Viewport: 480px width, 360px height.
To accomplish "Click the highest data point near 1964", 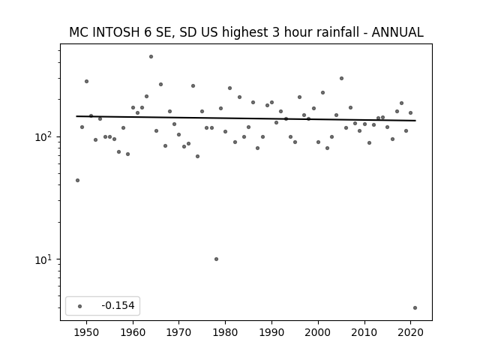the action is tap(151, 57).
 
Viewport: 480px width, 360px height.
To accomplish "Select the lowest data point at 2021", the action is tap(415, 308).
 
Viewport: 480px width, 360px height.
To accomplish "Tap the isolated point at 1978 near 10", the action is tap(216, 259).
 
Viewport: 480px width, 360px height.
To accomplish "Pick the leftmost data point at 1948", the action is tap(77, 180).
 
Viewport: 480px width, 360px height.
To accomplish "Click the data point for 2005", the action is tap(341, 78).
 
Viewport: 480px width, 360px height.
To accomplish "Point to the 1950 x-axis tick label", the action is tap(87, 333).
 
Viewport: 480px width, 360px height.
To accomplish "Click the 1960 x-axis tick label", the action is tap(133, 333).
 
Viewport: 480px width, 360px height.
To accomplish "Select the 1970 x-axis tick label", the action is tap(178, 333).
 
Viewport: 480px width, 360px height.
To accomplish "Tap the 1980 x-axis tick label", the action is tap(225, 333).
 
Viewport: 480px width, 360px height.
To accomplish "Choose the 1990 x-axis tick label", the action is tap(271, 333).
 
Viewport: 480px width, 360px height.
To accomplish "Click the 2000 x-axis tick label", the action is tap(318, 333).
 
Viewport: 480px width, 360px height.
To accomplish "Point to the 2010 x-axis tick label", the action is tap(364, 333).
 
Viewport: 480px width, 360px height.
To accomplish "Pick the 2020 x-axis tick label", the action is tap(410, 333).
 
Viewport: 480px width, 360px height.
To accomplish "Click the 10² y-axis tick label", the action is tap(45, 136).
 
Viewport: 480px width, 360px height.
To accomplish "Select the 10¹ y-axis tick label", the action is tap(45, 259).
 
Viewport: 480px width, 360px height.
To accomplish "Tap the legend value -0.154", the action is tap(118, 305).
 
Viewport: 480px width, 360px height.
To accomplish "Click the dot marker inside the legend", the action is tap(79, 306).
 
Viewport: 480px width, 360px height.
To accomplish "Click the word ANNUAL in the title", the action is tap(397, 32).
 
